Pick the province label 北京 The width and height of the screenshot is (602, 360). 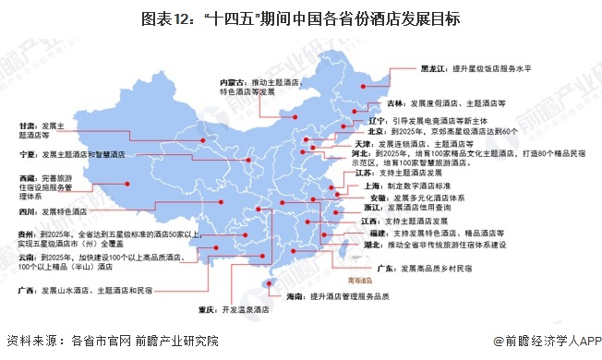coord(361,132)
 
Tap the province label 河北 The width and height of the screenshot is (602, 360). coord(361,154)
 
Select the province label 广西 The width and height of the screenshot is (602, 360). coord(18,288)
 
